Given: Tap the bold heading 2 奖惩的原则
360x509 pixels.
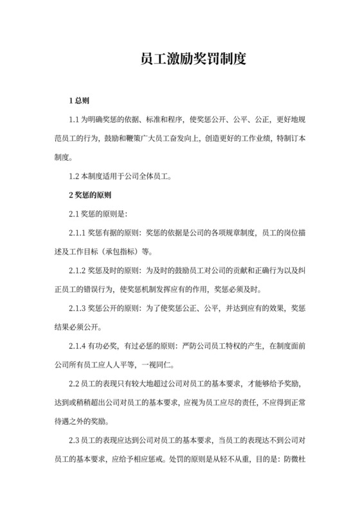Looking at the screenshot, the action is click(x=90, y=194).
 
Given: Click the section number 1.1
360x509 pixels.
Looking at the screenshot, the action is click(x=75, y=120).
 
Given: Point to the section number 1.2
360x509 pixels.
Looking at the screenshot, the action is click(x=75, y=175).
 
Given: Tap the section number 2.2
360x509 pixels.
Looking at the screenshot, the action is click(x=75, y=384).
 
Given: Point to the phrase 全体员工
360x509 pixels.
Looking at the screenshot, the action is click(x=154, y=175).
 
